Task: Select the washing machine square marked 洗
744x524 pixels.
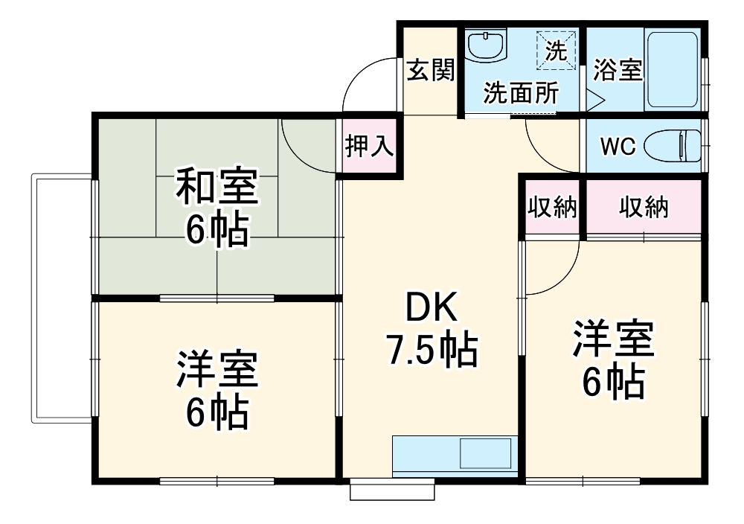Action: [x=557, y=51]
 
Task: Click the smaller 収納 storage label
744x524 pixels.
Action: [x=553, y=208]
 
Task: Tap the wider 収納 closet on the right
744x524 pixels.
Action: [x=644, y=208]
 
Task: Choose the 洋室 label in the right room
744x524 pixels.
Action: [x=612, y=339]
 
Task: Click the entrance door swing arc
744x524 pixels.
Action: [x=365, y=82]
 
